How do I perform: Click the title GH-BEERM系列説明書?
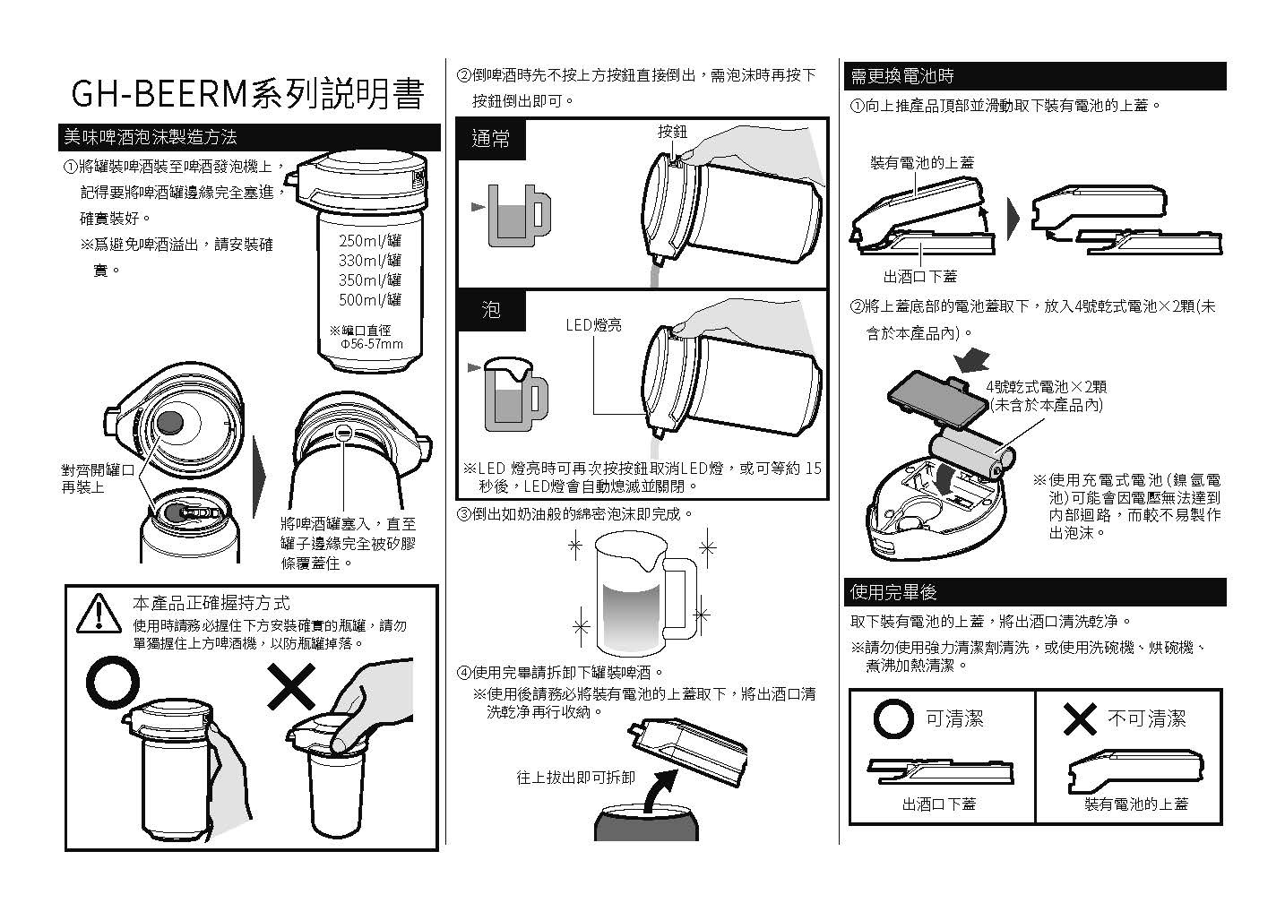[x=246, y=94]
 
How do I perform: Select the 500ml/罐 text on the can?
[x=370, y=299]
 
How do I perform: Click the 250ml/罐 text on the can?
[x=370, y=240]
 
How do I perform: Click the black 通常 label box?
[x=491, y=139]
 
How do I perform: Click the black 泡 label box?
[x=491, y=310]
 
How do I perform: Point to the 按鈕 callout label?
[x=672, y=132]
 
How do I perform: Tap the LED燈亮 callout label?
[x=593, y=325]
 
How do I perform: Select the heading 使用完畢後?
[x=893, y=592]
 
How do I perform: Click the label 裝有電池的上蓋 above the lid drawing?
[x=921, y=162]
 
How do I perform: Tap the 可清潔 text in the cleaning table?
[x=954, y=718]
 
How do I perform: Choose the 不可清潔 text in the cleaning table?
[x=1147, y=718]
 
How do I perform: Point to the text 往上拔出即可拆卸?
[x=575, y=777]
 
